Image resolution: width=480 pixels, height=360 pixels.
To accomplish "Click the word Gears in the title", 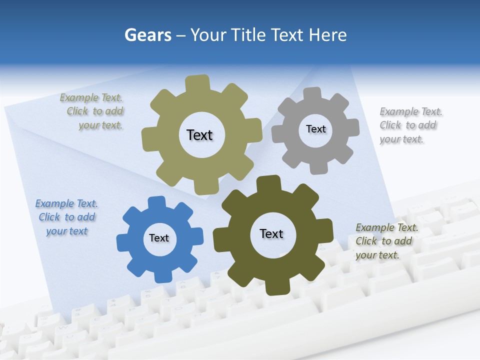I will click(147, 35).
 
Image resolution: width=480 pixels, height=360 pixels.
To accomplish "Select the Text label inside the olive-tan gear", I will click(199, 135).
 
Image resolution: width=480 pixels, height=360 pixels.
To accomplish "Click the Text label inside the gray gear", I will click(315, 129).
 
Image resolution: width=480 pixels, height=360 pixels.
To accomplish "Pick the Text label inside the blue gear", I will click(159, 238).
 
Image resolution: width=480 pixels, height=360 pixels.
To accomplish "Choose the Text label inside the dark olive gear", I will click(271, 233).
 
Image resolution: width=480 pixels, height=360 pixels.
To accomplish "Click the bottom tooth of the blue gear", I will click(162, 276).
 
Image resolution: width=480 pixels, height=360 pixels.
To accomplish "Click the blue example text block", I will click(67, 217).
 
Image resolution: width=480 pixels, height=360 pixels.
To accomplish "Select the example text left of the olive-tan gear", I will click(93, 111).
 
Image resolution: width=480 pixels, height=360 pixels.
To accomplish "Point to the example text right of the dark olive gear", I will click(386, 241).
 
